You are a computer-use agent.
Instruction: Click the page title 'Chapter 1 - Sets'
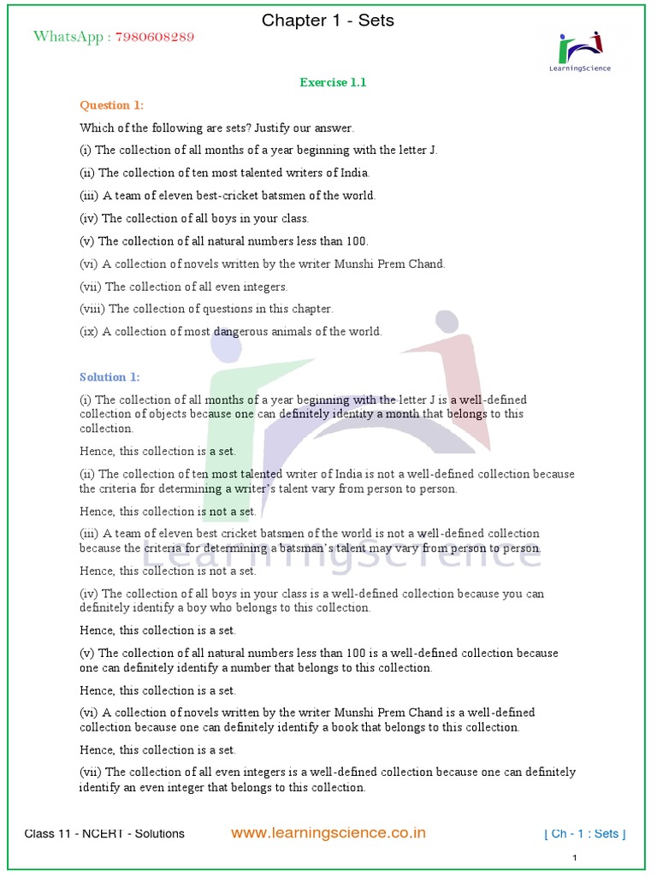click(328, 20)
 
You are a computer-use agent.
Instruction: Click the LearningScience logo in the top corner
click(580, 51)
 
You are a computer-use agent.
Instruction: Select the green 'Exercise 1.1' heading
click(333, 83)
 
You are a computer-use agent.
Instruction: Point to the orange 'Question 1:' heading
click(112, 105)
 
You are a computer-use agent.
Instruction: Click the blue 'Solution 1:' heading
click(109, 377)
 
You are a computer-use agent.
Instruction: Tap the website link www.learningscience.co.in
click(328, 833)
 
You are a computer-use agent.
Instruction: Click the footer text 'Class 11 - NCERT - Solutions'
click(104, 834)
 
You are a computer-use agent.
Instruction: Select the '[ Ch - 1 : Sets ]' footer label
click(585, 834)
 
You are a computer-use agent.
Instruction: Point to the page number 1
click(575, 858)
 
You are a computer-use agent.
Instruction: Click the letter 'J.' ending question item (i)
click(432, 151)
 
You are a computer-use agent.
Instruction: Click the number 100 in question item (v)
click(354, 241)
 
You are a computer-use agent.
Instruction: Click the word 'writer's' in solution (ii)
click(224, 489)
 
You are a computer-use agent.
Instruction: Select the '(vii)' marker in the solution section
click(91, 772)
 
